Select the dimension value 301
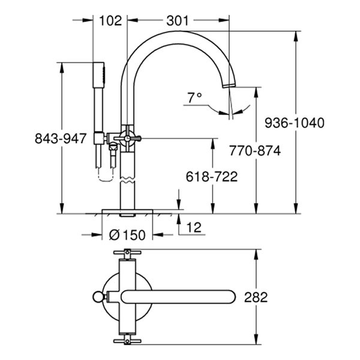(x=177, y=20)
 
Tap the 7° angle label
(x=194, y=97)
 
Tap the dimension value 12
(x=194, y=227)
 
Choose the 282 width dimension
(x=256, y=297)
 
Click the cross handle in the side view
(x=129, y=137)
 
